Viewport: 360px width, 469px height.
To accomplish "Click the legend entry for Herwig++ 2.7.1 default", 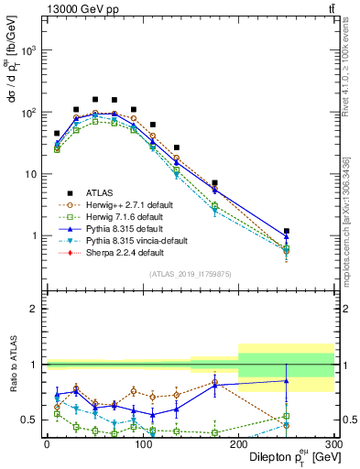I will tap(119, 203).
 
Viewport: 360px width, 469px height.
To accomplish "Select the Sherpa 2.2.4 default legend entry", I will tap(115, 251).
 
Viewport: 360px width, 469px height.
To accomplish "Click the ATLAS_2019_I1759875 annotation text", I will tap(190, 273).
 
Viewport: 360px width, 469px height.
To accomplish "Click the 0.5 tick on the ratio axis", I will tap(32, 420).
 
